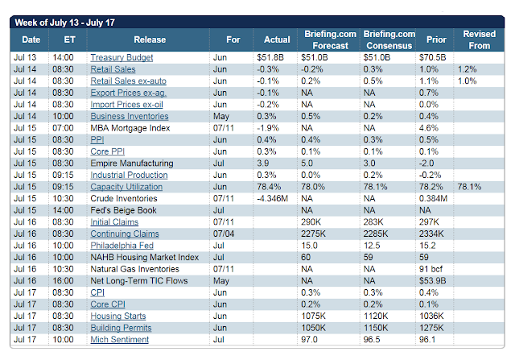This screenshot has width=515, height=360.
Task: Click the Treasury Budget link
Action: tap(122, 57)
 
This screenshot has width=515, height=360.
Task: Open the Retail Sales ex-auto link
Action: tap(128, 81)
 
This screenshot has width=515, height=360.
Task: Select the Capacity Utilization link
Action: tap(126, 187)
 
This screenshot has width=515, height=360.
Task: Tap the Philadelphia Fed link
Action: tap(122, 246)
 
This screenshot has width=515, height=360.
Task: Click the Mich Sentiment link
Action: tap(120, 339)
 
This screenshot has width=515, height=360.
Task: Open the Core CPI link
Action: tap(108, 304)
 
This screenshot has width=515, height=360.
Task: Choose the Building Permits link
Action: tap(121, 328)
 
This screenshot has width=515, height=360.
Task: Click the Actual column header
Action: tap(277, 39)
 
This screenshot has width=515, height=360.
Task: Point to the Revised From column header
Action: tap(480, 39)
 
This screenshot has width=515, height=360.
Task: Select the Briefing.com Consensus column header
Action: tap(389, 39)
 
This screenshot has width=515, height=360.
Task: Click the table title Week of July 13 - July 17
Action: tap(64, 23)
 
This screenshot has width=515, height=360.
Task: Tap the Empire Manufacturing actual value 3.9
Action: tap(263, 163)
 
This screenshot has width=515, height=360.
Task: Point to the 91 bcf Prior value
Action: tap(431, 269)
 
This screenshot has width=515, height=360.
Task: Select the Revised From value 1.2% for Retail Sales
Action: tap(467, 69)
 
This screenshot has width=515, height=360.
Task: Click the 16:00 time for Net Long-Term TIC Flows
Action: tap(63, 281)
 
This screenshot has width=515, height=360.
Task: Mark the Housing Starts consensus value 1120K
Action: tap(376, 316)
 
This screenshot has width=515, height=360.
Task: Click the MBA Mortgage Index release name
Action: tap(130, 128)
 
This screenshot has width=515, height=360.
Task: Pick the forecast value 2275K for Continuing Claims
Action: tap(313, 234)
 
